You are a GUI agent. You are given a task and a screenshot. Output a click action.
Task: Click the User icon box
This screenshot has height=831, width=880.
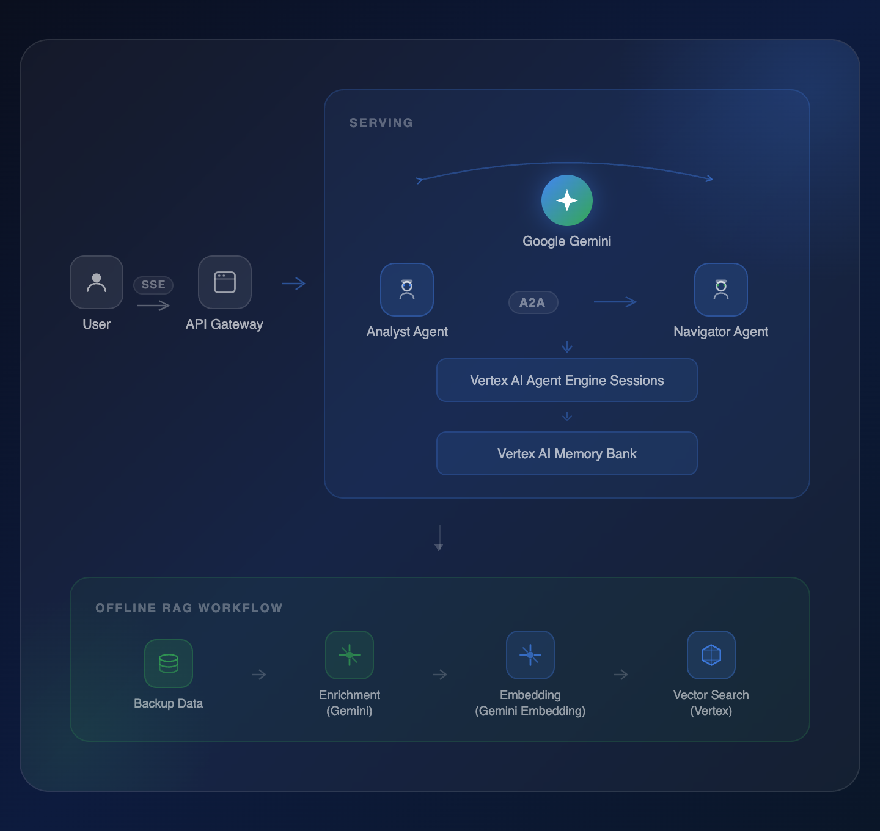point(97,282)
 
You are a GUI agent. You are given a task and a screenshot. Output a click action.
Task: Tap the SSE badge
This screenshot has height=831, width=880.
point(153,285)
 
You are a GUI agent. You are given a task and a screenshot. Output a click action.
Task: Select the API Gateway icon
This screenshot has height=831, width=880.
point(225,282)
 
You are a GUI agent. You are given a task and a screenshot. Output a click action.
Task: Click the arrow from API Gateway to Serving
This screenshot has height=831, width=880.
point(294,284)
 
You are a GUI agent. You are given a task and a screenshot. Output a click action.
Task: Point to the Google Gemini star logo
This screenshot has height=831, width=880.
point(567,200)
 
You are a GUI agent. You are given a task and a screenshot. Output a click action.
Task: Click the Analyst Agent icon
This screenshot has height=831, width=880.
point(407,290)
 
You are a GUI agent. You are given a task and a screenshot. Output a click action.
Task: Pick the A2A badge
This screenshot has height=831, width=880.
point(533,302)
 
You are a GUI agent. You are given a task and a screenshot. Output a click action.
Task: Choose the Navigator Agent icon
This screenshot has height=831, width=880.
point(721,290)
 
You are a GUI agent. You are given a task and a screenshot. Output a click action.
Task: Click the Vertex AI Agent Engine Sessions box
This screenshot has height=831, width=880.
point(567,380)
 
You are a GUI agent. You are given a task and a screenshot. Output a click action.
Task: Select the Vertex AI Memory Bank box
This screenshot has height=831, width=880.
point(567,453)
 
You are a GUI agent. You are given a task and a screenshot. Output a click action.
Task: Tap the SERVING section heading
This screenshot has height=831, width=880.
point(381,123)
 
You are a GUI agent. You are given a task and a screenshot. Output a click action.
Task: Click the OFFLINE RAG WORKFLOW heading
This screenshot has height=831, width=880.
point(189,608)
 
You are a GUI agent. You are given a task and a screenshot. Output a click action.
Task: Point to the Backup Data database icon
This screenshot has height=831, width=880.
point(169,664)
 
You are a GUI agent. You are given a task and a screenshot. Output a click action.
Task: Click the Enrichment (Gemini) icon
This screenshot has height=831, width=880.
point(350,655)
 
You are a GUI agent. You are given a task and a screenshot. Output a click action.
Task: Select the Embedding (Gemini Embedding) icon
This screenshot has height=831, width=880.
point(530,655)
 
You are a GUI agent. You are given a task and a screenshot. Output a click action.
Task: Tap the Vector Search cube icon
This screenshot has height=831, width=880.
point(711,655)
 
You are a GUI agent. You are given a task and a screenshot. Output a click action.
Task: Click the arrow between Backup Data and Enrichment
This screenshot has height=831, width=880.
point(259,675)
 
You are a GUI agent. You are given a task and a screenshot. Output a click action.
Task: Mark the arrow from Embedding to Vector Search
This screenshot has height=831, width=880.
point(621,675)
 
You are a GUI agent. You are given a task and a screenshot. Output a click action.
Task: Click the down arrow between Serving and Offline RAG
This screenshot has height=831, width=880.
point(439,538)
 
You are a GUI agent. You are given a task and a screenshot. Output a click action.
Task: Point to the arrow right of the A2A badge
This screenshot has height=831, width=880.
point(615,302)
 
